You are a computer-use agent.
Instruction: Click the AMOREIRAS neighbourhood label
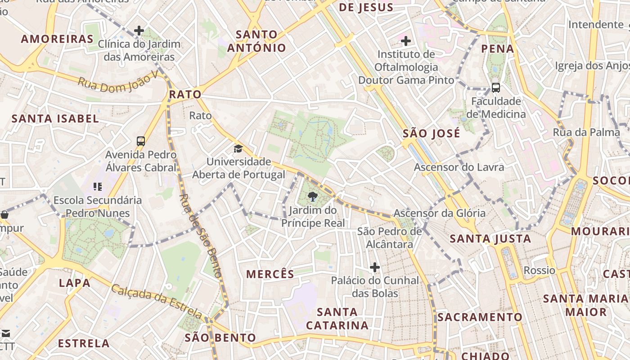[57, 39]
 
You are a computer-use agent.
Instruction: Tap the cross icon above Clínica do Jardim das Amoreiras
[139, 31]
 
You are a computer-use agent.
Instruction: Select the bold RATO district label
[185, 94]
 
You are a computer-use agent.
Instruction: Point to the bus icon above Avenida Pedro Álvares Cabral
[141, 141]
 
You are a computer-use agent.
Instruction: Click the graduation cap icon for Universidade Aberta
[238, 148]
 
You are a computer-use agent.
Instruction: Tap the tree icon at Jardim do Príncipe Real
[312, 196]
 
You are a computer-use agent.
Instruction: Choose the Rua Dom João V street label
[118, 81]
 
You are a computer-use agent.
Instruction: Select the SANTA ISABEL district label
[55, 119]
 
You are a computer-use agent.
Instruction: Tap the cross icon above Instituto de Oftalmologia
[406, 41]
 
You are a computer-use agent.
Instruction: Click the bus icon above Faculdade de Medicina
[496, 88]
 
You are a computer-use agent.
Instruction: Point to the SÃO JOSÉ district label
[431, 134]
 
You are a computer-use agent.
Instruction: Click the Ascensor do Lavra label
[459, 167]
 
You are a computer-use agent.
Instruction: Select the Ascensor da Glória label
[439, 213]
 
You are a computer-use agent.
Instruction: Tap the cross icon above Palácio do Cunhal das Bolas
[375, 268]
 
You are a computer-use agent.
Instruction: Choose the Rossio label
[539, 270]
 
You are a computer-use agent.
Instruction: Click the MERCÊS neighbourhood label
[270, 274]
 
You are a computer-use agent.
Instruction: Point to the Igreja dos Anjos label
[592, 66]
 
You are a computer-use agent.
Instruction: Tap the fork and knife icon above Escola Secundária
[98, 186]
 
